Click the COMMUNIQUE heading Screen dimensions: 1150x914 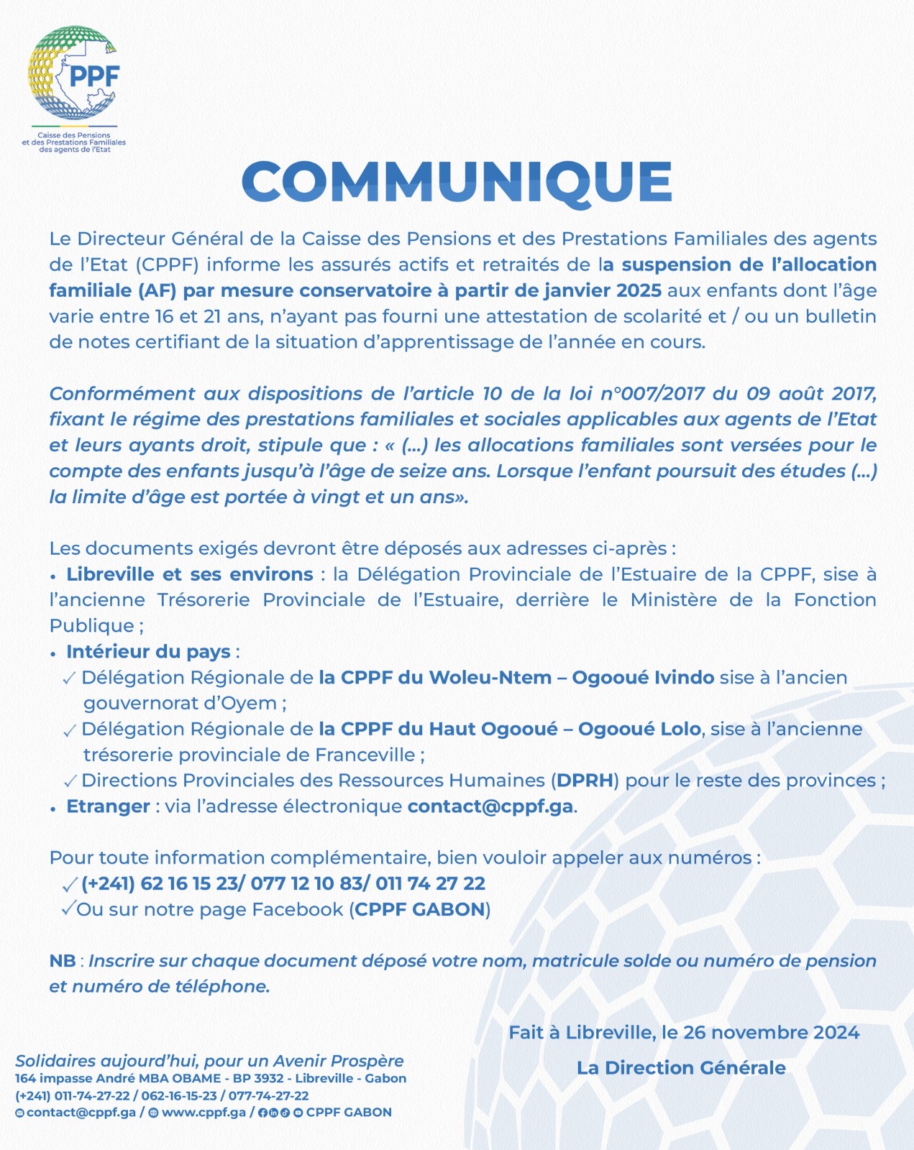coord(457,182)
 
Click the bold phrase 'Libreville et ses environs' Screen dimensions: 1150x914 coord(190,574)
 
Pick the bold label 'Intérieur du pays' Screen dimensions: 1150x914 coord(148,652)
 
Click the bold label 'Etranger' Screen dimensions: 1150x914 coord(109,806)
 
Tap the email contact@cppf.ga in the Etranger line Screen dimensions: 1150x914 coord(490,806)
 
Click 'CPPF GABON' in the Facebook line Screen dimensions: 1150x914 coord(420,909)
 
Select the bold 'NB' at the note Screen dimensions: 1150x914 coord(63,961)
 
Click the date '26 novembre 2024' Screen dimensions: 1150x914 coord(771,1033)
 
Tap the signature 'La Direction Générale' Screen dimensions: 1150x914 coord(681,1068)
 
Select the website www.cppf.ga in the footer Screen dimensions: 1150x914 coord(204,1113)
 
